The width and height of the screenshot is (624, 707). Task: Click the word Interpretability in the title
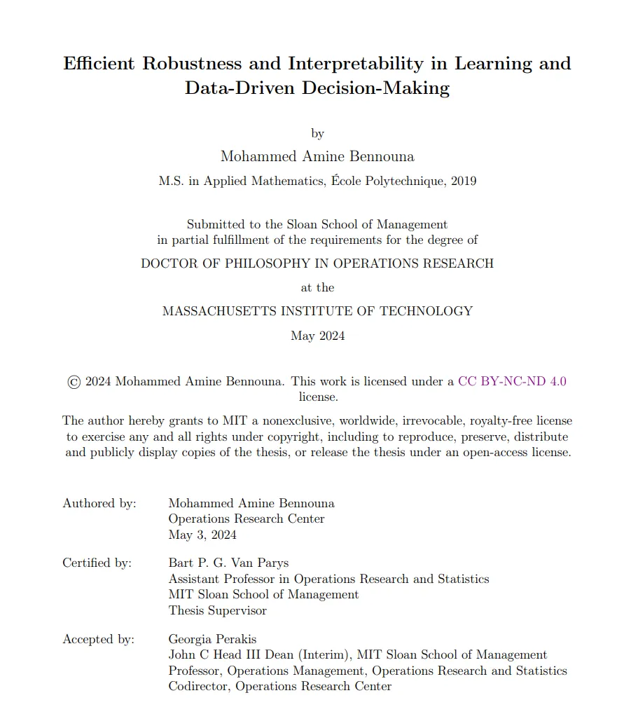tap(355, 64)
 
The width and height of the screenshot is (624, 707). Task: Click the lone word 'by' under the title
tap(317, 133)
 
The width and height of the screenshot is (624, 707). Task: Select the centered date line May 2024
tap(317, 336)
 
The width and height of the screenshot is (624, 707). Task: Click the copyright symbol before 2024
tap(74, 382)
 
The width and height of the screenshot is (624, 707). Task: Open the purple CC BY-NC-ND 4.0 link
tap(512, 381)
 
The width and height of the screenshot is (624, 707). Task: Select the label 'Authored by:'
tap(99, 503)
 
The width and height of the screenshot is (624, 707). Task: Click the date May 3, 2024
tap(202, 535)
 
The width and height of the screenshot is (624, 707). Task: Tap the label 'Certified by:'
tap(97, 563)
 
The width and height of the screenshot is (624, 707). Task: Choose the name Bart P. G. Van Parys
tap(228, 563)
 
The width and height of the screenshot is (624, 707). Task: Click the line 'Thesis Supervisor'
tap(218, 610)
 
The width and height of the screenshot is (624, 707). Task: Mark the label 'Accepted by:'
tap(97, 639)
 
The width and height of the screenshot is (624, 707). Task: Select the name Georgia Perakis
tap(212, 639)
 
